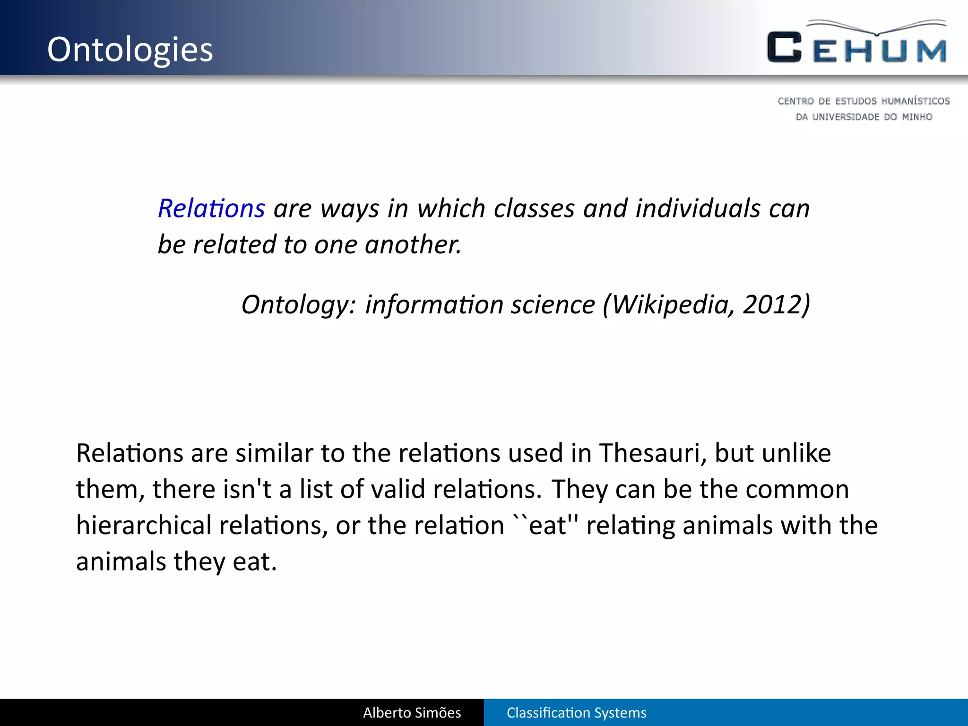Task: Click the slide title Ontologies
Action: click(x=130, y=50)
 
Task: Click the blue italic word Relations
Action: click(x=211, y=208)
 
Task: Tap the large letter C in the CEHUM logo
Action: click(x=784, y=47)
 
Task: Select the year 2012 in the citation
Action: click(x=771, y=304)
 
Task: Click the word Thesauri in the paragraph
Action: click(x=653, y=453)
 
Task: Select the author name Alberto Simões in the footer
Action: click(x=412, y=713)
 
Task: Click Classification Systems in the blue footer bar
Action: click(x=576, y=713)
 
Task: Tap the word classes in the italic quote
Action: click(x=534, y=208)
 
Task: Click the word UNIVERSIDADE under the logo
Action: click(x=846, y=117)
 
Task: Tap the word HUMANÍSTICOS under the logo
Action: click(x=916, y=101)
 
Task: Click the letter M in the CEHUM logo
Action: click(x=931, y=51)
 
